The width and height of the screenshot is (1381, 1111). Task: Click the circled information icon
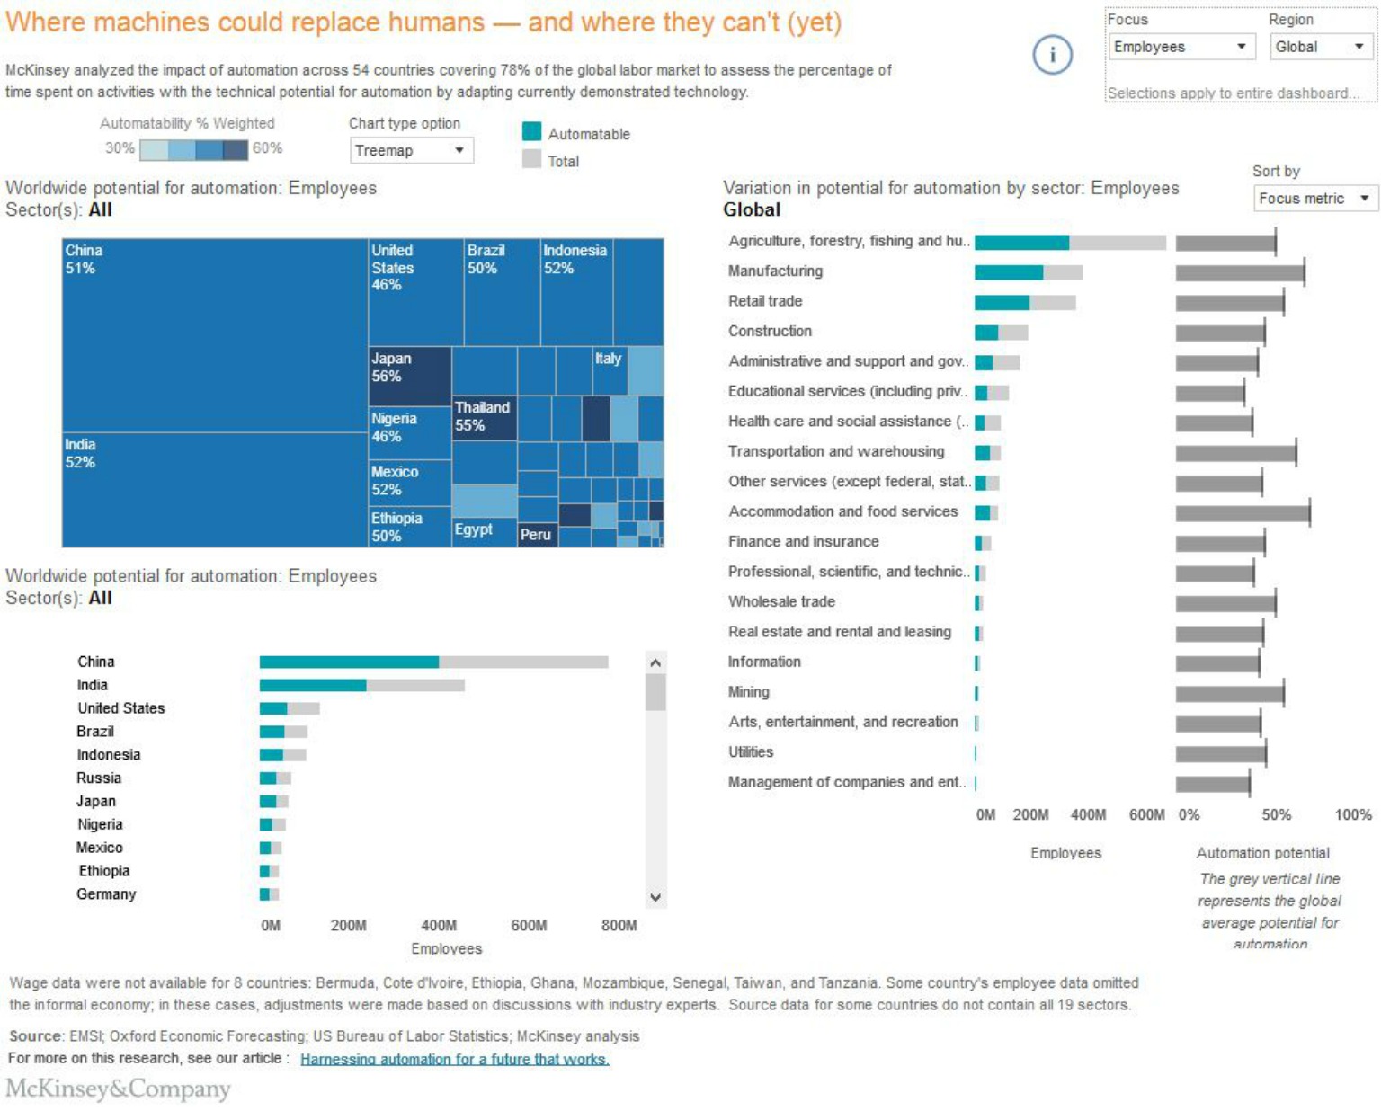click(1052, 55)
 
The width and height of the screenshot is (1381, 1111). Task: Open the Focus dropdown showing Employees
click(1181, 47)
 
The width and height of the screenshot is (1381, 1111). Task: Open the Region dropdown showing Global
click(1320, 47)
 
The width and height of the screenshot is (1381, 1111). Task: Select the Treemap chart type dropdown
click(411, 151)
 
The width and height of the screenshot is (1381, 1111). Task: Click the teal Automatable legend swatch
click(532, 132)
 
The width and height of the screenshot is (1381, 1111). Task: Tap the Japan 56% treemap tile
click(409, 377)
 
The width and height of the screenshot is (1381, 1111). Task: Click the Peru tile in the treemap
click(537, 535)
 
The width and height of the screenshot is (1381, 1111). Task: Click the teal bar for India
click(312, 686)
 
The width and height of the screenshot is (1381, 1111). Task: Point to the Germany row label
click(106, 894)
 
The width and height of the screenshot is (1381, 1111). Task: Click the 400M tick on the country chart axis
click(439, 926)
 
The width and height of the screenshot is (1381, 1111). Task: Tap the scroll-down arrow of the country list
click(655, 897)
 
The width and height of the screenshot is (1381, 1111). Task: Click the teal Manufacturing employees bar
click(1008, 272)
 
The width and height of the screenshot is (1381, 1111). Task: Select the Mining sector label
click(749, 692)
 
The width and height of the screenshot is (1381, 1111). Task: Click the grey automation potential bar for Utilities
click(1220, 753)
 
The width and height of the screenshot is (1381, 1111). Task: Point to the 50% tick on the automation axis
click(1276, 815)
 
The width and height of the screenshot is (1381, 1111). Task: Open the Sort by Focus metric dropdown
click(1314, 199)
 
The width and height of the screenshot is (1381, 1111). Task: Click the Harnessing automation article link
click(454, 1059)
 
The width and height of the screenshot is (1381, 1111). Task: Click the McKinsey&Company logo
click(119, 1089)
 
